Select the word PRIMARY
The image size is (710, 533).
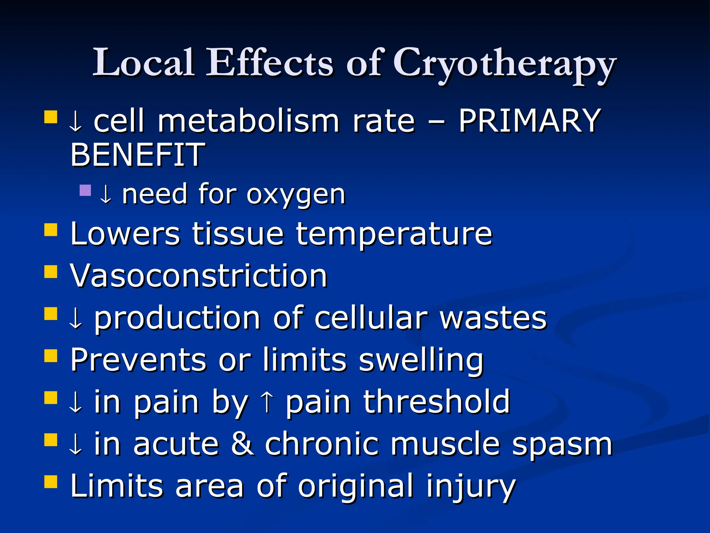tap(529, 121)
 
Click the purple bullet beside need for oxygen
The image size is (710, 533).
tap(85, 190)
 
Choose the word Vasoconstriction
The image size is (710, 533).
tap(199, 276)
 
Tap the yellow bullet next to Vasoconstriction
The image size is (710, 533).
tap(51, 272)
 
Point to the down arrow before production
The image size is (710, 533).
tap(76, 318)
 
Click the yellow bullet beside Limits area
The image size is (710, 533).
tap(51, 481)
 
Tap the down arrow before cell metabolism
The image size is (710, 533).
tap(76, 122)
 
